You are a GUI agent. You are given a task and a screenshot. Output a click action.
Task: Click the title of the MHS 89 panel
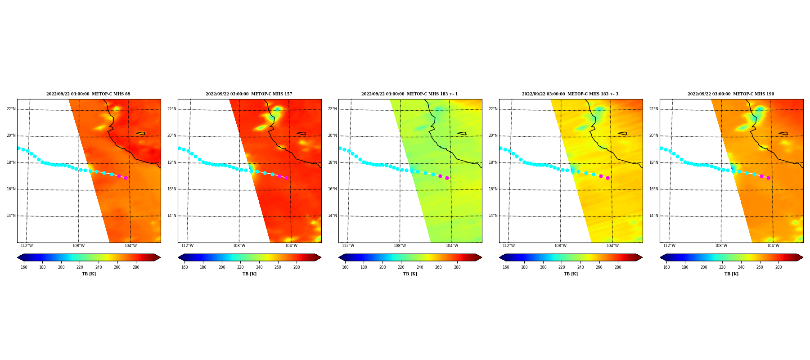88,94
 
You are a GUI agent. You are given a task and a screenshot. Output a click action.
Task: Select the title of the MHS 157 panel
249,94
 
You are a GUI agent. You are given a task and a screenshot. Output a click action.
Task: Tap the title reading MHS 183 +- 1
409,94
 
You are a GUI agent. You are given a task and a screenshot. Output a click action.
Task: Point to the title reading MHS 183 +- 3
570,94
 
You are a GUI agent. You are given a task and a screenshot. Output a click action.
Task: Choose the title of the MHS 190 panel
731,94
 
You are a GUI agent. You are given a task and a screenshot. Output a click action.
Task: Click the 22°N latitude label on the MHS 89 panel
11,109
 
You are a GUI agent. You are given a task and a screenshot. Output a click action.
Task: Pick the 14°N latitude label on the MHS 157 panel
172,216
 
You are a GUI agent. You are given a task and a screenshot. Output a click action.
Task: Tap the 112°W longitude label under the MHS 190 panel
669,246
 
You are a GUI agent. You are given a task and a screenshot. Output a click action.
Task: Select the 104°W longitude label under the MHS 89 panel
130,246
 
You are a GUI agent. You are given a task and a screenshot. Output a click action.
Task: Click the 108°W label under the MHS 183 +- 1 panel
400,246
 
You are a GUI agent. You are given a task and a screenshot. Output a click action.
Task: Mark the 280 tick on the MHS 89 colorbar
136,267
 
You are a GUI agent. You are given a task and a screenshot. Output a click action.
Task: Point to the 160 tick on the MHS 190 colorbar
666,267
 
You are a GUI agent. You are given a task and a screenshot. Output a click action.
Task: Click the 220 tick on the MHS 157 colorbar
240,267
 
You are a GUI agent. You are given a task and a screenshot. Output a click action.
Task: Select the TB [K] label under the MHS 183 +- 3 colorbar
571,274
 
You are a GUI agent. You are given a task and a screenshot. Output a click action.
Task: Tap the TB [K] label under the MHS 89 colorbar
89,274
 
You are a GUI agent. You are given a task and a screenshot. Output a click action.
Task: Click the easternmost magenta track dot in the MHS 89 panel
126,178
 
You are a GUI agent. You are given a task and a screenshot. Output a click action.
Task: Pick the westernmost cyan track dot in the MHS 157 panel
179,148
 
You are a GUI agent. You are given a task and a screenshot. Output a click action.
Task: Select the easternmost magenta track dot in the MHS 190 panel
768,178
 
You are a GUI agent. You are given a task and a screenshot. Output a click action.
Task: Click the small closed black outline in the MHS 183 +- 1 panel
462,133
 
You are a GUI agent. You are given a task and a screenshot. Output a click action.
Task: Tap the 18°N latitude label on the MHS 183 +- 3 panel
493,162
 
